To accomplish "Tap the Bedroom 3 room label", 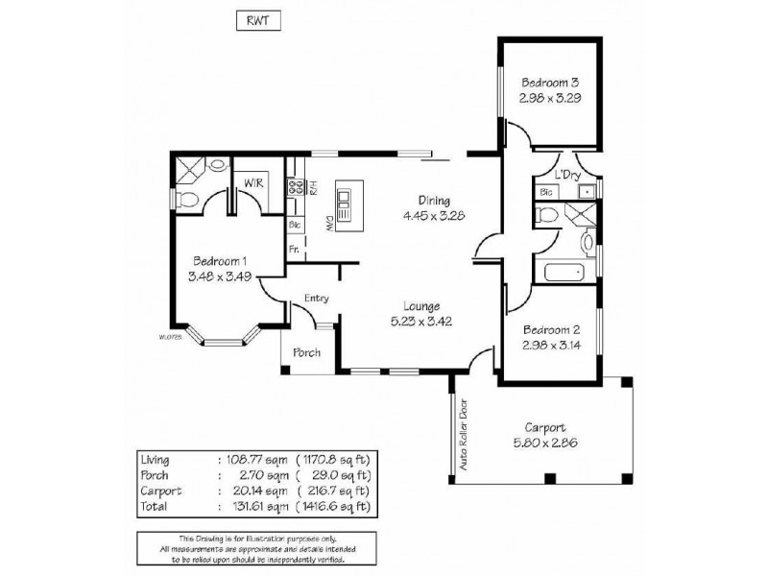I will [x=547, y=82].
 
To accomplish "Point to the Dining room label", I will [x=434, y=201].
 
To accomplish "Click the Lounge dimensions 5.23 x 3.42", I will [x=423, y=322].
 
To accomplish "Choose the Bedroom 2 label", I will [x=547, y=328].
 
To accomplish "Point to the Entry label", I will [x=317, y=299].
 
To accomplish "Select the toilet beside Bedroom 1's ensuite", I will [x=188, y=201].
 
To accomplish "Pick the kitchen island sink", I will [x=345, y=204].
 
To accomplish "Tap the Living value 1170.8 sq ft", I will [x=334, y=458].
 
